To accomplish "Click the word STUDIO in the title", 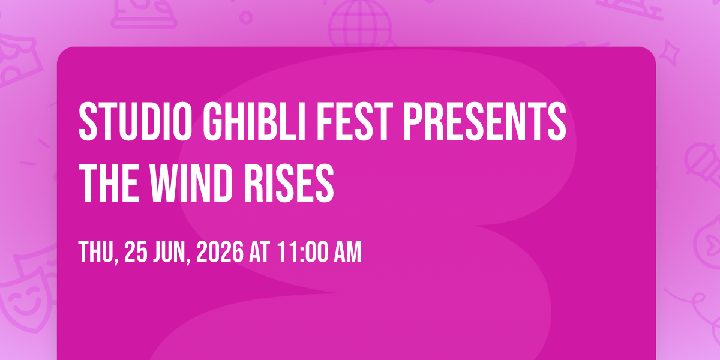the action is pos(136,121).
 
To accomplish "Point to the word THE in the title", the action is pos(109,183).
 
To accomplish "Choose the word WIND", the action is pos(191,183).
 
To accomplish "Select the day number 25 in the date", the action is pos(136,252).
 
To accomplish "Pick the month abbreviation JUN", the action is pos(172,253).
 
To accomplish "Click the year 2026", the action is pos(220,252).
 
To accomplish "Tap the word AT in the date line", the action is pos(260,252).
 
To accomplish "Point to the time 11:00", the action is pos(302,252).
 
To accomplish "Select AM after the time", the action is pos(348,252).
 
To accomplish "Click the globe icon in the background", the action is pos(361,23).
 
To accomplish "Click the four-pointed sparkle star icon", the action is pos(670,53).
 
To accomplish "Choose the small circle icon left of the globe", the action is pos(246,17).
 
